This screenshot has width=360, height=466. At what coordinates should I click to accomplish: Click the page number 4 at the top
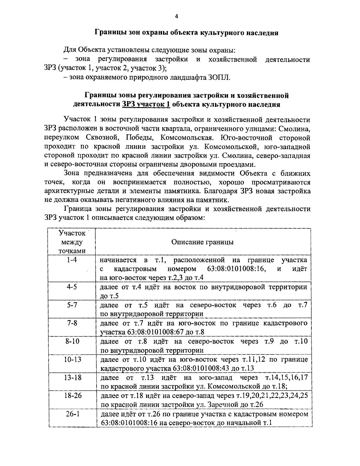(x=176, y=17)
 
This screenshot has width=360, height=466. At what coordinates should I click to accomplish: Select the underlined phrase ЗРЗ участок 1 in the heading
(x=146, y=104)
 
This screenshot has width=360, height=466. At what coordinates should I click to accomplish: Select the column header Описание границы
(x=202, y=242)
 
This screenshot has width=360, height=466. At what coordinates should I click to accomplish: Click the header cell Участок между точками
(x=72, y=242)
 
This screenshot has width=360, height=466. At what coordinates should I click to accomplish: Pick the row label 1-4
(x=72, y=260)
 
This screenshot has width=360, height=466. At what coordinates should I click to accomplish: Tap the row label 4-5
(x=72, y=287)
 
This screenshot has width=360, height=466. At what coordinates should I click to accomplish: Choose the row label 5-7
(x=72, y=305)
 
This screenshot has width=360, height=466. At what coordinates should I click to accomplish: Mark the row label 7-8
(x=72, y=323)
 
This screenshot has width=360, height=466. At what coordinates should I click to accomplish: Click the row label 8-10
(x=72, y=341)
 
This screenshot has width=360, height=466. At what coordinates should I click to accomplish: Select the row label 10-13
(x=72, y=359)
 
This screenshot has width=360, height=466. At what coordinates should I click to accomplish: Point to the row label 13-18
(x=72, y=377)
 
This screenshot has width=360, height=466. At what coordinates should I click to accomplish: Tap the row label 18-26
(x=72, y=395)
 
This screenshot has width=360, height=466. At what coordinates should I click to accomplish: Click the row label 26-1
(x=72, y=414)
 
